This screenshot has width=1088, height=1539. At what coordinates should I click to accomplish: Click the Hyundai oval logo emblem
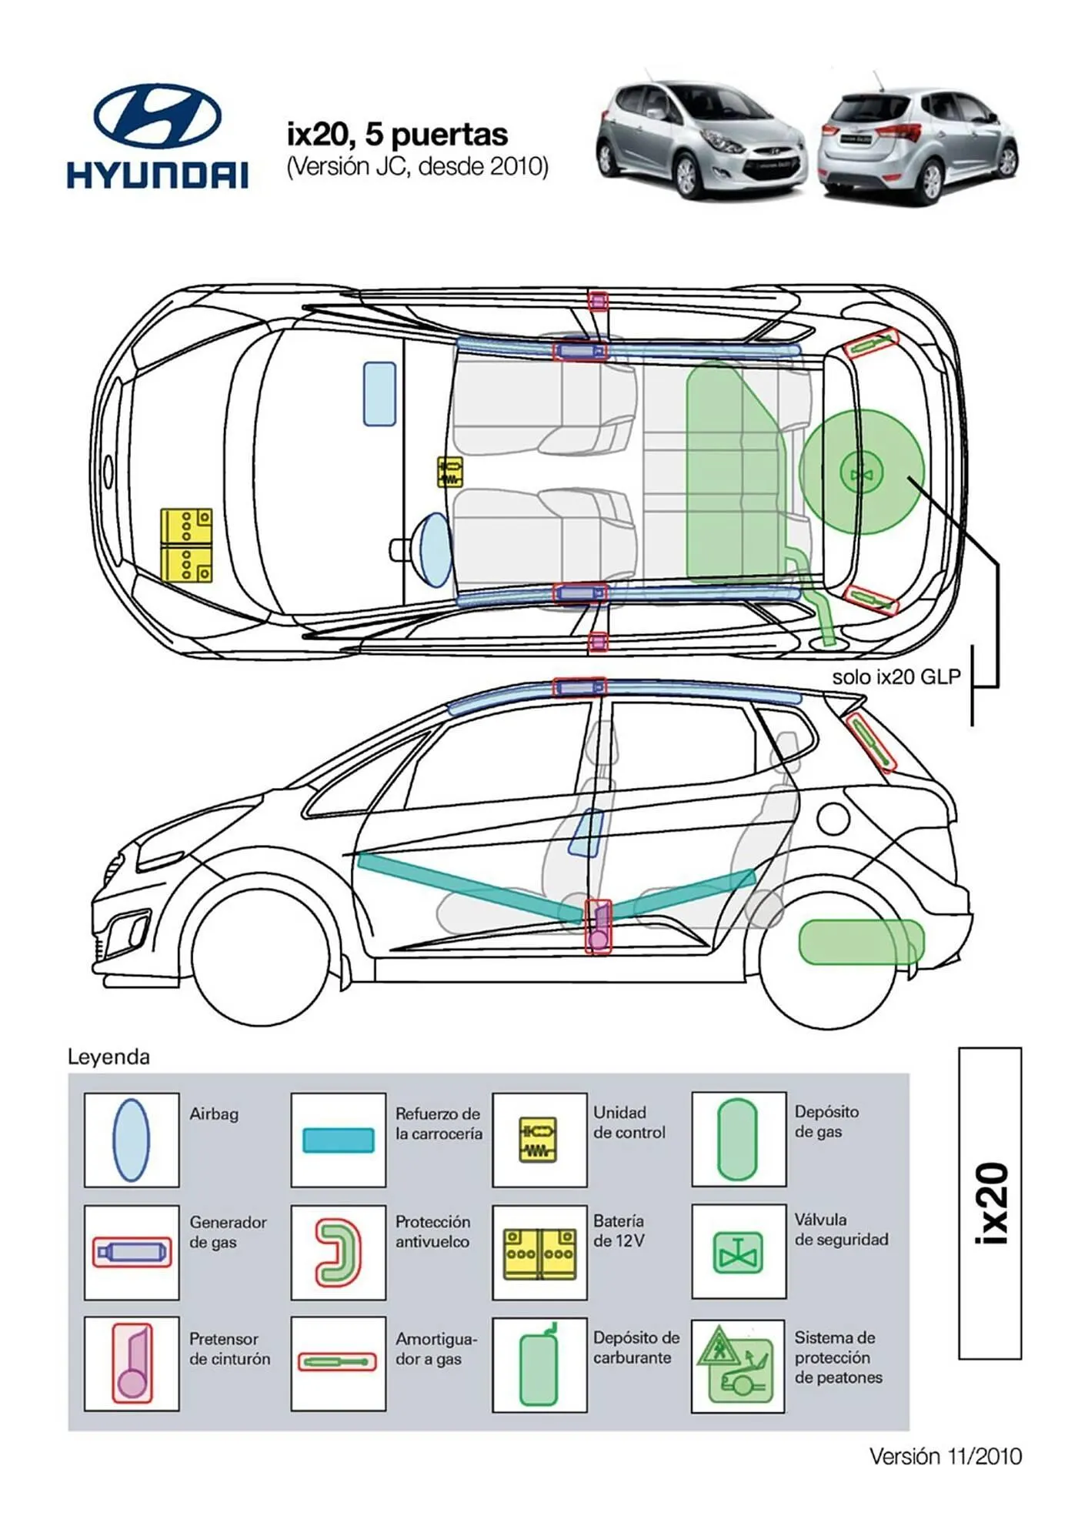click(x=158, y=115)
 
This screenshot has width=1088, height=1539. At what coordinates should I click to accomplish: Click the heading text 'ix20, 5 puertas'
click(x=397, y=135)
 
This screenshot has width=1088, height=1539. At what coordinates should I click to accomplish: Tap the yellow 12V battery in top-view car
click(x=186, y=545)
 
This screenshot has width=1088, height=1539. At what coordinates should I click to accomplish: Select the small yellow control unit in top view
click(x=449, y=472)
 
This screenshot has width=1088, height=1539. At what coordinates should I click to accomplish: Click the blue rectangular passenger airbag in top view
click(x=379, y=394)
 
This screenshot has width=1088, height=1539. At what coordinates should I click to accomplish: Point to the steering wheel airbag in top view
click(x=436, y=549)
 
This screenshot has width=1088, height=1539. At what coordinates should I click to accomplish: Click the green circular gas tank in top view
click(x=861, y=472)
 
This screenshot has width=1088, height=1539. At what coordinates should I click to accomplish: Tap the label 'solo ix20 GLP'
click(x=896, y=677)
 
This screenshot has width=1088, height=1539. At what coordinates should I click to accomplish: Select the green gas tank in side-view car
click(x=861, y=942)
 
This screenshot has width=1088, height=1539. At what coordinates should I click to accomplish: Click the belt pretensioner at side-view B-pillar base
click(x=598, y=928)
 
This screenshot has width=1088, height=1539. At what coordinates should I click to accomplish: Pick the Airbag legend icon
click(x=132, y=1140)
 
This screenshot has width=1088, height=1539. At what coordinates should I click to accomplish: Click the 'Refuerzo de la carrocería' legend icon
click(x=338, y=1140)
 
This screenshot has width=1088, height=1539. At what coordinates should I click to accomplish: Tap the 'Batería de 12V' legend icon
click(x=539, y=1254)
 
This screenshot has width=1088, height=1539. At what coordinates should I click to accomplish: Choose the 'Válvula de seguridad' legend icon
click(x=738, y=1252)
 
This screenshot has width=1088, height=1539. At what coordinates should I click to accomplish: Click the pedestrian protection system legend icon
click(x=737, y=1366)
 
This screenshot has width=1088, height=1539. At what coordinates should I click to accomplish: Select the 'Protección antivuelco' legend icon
click(x=338, y=1253)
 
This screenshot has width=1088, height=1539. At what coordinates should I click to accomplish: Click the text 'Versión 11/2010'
click(x=945, y=1457)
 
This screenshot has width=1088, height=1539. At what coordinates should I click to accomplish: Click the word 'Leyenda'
click(x=108, y=1057)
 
